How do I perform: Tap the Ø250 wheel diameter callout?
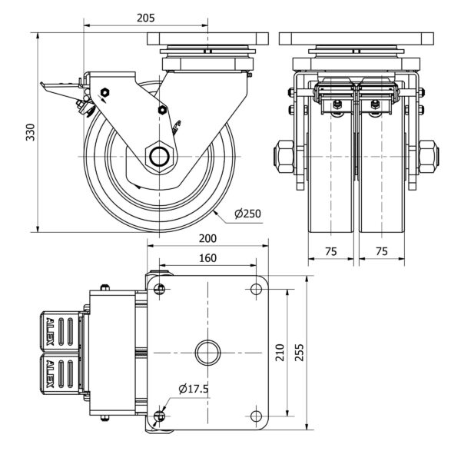tap(249, 212)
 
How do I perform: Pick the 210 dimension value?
tap(281, 353)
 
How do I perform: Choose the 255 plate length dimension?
tap(302, 353)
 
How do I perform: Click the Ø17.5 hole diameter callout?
tap(194, 390)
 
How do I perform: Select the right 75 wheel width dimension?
tap(381, 251)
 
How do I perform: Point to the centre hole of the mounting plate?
tap(207, 353)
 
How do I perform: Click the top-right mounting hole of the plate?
tap(257, 289)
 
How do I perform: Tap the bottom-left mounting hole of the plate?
tap(159, 416)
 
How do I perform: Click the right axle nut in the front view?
tap(429, 156)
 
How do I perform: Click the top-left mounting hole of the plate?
tap(159, 289)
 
